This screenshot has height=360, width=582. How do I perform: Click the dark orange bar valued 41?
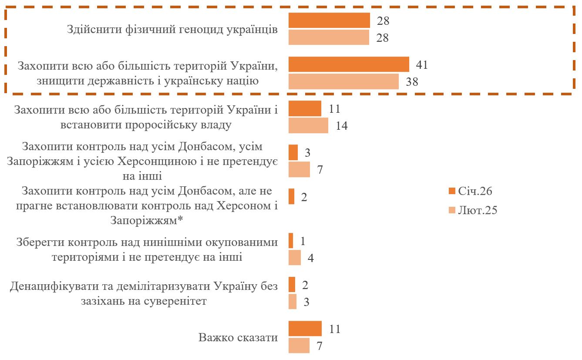click(349, 64)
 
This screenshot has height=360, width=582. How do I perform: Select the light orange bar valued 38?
click(343, 81)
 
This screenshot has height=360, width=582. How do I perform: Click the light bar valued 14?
click(308, 125)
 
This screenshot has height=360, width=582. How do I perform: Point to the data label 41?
click(421, 65)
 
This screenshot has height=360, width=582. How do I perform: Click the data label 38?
click(411, 82)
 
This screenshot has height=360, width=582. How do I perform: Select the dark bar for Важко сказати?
click(305, 329)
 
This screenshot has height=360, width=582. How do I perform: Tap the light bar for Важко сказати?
click(299, 345)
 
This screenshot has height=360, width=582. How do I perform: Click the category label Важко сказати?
click(238, 337)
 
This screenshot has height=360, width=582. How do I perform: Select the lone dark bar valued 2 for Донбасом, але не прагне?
click(292, 196)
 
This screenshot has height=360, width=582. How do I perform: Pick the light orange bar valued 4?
click(295, 257)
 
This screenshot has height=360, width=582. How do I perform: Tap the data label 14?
click(342, 126)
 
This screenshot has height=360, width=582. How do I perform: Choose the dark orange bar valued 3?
click(293, 152)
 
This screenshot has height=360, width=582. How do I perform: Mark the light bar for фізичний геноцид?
click(329, 37)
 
